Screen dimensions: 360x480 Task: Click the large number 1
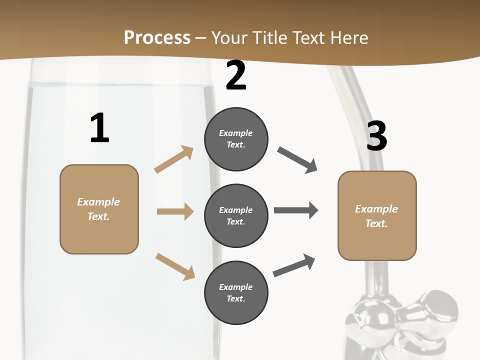click(99, 128)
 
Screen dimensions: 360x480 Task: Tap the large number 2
click(236, 75)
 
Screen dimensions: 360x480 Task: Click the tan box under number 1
click(99, 209)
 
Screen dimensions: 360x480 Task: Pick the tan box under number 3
click(377, 215)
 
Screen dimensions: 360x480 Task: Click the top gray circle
click(236, 139)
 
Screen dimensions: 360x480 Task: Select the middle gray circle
click(236, 216)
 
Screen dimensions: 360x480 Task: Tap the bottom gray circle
click(236, 293)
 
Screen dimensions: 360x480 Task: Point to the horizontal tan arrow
click(175, 211)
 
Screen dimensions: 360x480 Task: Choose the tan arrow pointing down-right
click(175, 266)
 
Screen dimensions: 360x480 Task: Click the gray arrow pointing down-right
click(297, 160)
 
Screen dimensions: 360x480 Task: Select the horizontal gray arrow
click(296, 210)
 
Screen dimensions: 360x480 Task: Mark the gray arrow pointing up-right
click(294, 265)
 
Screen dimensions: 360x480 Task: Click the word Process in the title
click(157, 37)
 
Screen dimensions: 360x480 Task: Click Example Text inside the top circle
click(236, 139)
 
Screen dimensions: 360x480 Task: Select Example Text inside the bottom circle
click(236, 293)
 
